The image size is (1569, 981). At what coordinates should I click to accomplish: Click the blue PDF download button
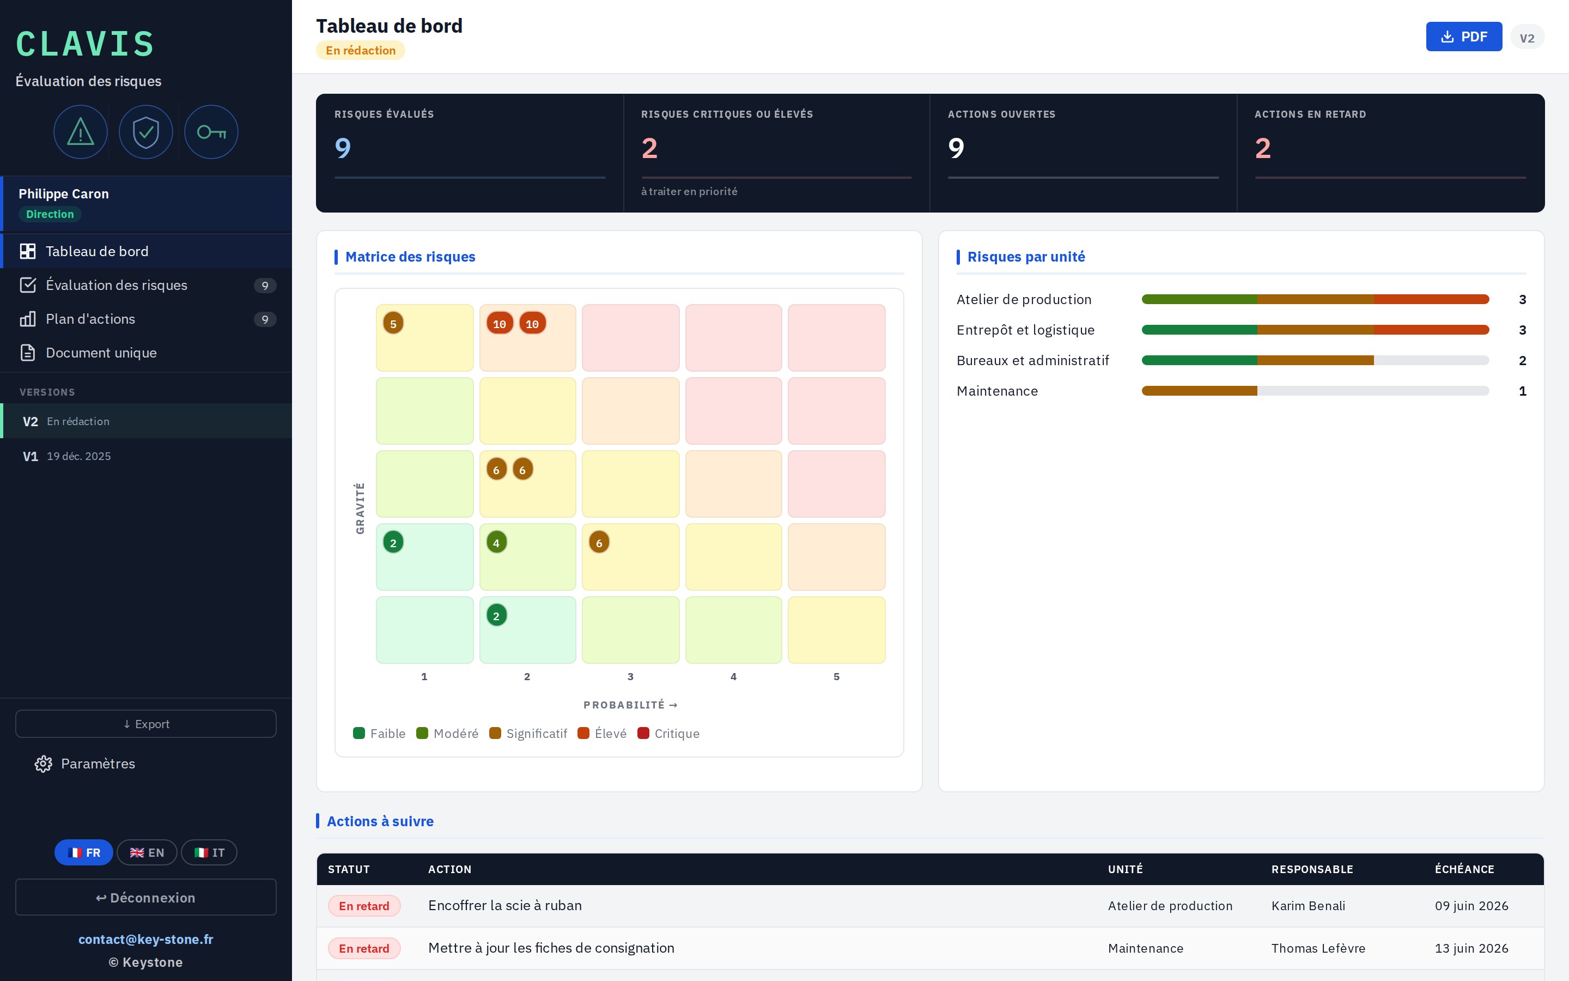point(1463,37)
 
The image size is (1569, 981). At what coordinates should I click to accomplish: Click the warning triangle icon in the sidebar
point(81,132)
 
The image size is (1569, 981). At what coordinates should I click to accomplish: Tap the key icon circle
point(211,132)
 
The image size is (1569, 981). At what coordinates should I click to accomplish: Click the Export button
point(146,724)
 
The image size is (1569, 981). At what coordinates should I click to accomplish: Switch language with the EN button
point(147,852)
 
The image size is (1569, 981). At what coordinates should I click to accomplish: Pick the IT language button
point(209,852)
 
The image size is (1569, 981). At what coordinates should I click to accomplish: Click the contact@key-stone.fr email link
point(146,940)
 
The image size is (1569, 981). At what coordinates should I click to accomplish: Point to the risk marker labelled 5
point(393,323)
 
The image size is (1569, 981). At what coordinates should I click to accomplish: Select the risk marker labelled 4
point(497,542)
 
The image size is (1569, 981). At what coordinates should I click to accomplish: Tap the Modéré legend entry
point(447,734)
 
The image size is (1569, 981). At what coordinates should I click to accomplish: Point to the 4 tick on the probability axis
point(733,677)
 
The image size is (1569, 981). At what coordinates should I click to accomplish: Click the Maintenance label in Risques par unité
point(997,391)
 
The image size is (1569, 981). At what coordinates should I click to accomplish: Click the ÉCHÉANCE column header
point(1464,869)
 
